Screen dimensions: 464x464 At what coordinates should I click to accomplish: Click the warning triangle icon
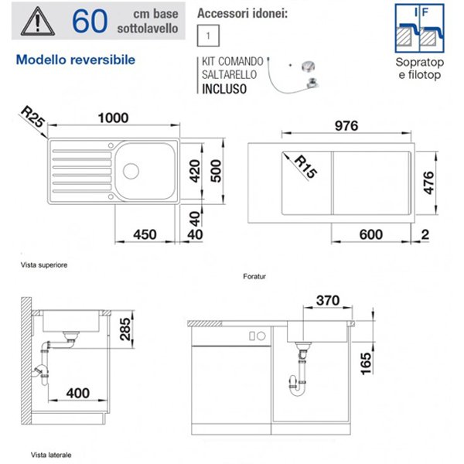(x=38, y=22)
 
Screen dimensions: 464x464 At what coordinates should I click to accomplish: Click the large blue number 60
(x=90, y=21)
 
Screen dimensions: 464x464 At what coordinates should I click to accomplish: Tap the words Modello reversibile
(x=76, y=60)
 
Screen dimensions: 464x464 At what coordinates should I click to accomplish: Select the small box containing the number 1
(x=208, y=36)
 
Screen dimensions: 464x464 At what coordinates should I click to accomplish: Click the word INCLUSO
(x=224, y=89)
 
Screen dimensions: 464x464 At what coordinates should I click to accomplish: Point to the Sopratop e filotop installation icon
(x=420, y=29)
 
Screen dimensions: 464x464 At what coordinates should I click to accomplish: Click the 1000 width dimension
(x=114, y=118)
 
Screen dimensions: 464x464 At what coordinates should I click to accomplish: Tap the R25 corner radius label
(x=33, y=118)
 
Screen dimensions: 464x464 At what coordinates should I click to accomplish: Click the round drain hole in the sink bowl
(x=131, y=171)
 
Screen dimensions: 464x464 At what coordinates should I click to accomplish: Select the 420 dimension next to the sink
(x=195, y=171)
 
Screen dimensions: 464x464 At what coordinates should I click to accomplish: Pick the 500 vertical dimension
(x=216, y=171)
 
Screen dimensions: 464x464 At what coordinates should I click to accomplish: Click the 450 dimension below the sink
(x=145, y=234)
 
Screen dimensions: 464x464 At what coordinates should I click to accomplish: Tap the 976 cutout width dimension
(x=346, y=126)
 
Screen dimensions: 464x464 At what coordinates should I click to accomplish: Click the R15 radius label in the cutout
(x=306, y=166)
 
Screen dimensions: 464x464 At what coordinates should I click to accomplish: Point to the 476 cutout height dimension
(x=428, y=183)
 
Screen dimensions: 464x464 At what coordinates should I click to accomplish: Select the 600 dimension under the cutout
(x=371, y=234)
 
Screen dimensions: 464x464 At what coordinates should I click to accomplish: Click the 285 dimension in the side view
(x=125, y=329)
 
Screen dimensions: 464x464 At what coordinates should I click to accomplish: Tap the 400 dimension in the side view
(x=78, y=393)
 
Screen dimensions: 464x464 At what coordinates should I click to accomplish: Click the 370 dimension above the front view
(x=328, y=301)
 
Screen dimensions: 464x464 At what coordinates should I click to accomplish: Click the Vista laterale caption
(x=51, y=455)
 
